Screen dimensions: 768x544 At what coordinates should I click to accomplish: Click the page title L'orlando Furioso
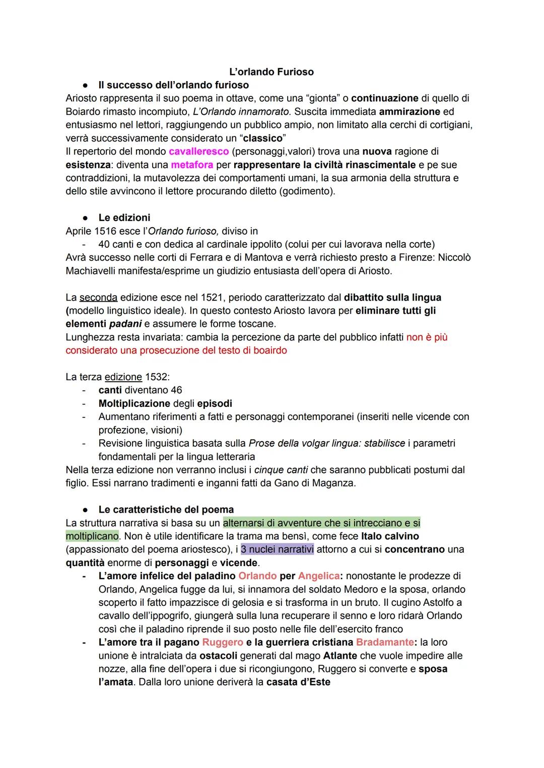click(271, 72)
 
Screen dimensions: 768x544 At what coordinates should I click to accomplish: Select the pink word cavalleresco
click(199, 151)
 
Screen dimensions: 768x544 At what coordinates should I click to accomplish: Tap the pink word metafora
click(192, 165)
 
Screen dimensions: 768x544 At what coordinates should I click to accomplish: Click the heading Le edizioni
click(124, 218)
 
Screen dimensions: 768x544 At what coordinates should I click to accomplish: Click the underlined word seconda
click(98, 298)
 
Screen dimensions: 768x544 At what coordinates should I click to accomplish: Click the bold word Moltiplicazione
click(134, 403)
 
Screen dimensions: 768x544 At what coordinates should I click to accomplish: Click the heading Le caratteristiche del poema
click(166, 510)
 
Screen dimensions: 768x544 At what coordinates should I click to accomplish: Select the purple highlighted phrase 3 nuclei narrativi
click(277, 549)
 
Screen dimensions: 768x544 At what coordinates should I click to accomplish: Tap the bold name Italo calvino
click(390, 536)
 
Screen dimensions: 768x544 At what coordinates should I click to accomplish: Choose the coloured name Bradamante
click(384, 642)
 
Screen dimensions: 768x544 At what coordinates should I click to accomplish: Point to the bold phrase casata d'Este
click(298, 682)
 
